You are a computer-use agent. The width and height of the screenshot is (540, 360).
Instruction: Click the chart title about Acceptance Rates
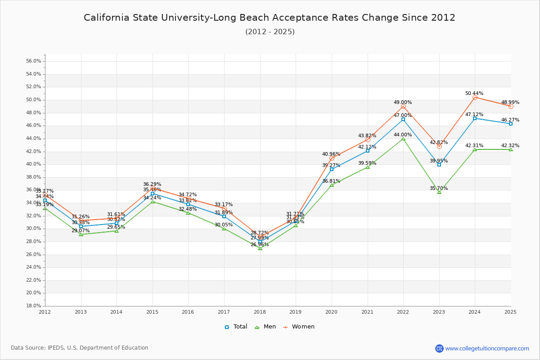click(x=270, y=18)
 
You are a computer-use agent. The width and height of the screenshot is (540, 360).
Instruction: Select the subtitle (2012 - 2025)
click(x=270, y=32)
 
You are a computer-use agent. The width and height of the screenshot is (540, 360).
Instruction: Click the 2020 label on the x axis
click(x=332, y=312)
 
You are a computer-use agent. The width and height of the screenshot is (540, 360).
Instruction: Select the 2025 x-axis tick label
click(x=510, y=312)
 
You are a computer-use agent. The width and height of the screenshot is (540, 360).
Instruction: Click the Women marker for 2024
click(x=475, y=97)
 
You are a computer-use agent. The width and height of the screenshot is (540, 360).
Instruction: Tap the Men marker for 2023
click(x=439, y=192)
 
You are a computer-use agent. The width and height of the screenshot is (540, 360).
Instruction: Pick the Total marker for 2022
click(x=403, y=119)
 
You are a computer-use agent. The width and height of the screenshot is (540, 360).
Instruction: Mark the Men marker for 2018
click(x=260, y=248)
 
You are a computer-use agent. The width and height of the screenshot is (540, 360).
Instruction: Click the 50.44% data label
click(x=474, y=93)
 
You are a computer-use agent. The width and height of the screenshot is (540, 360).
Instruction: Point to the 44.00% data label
click(x=403, y=135)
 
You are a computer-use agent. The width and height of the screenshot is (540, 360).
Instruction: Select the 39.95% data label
click(x=439, y=161)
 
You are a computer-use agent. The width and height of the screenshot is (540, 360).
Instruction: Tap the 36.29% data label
click(x=152, y=184)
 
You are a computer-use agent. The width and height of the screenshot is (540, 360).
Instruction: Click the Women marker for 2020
click(x=332, y=158)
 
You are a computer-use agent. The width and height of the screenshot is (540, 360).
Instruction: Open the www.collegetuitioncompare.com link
click(x=487, y=348)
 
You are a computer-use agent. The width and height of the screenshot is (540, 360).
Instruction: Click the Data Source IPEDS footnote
click(x=80, y=348)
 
